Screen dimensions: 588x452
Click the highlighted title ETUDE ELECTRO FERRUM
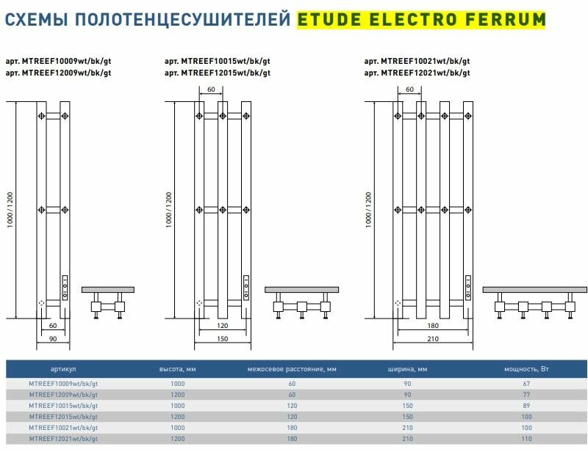422,20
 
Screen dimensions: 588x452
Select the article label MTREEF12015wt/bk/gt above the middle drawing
218,73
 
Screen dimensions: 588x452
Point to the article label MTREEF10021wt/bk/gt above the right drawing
417,62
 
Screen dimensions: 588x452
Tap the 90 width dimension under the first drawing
52,340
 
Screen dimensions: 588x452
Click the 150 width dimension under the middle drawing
220,340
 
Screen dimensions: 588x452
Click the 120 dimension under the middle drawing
220,325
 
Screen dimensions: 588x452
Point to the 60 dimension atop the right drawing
409,90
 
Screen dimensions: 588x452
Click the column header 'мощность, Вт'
524,369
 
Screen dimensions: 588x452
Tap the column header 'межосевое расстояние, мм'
292,369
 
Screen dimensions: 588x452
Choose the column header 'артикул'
63,369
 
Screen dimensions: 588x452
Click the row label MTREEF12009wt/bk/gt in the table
63,395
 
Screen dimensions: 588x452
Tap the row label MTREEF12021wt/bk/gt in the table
63,438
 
